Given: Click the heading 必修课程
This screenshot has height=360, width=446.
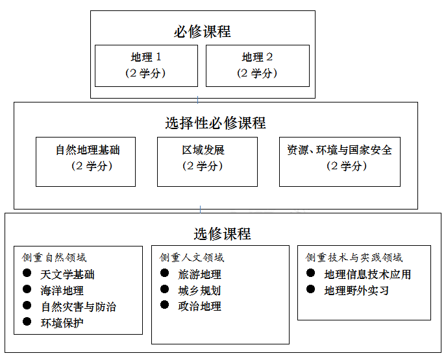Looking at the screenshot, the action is pyautogui.click(x=203, y=31).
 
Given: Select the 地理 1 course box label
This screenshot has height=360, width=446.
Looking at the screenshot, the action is pyautogui.click(x=146, y=57).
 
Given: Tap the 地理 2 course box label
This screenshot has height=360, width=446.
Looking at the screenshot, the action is pyautogui.click(x=258, y=57).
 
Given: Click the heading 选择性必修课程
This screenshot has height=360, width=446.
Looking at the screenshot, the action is pyautogui.click(x=216, y=123).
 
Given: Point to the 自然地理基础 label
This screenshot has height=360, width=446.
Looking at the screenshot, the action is pyautogui.click(x=88, y=150).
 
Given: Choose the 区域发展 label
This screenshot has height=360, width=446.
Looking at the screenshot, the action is pyautogui.click(x=203, y=150).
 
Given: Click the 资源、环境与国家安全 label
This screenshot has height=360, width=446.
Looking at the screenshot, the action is pyautogui.click(x=340, y=150).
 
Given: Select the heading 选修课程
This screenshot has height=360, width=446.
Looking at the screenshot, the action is pyautogui.click(x=223, y=234).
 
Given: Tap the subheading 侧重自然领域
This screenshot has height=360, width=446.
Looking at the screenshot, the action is pyautogui.click(x=54, y=258).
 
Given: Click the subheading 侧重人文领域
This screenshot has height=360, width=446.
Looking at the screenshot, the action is pyautogui.click(x=192, y=258).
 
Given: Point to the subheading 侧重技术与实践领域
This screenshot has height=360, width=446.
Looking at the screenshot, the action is pyautogui.click(x=354, y=258).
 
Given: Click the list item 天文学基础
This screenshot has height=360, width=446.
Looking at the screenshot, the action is pyautogui.click(x=68, y=274).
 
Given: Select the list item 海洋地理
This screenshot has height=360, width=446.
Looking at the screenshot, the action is pyautogui.click(x=62, y=291).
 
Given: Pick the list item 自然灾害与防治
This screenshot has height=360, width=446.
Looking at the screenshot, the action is pyautogui.click(x=79, y=307).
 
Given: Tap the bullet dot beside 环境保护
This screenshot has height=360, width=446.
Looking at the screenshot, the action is pyautogui.click(x=27, y=321).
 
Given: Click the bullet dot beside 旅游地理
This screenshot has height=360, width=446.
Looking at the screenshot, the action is pyautogui.click(x=164, y=273).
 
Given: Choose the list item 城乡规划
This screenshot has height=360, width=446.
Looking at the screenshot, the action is pyautogui.click(x=200, y=291).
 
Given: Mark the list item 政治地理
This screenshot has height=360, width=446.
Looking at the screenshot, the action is pyautogui.click(x=200, y=306).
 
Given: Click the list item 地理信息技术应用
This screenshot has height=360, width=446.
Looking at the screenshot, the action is pyautogui.click(x=368, y=274).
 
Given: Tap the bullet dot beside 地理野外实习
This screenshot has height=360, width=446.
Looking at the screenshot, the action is pyautogui.click(x=310, y=289).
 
